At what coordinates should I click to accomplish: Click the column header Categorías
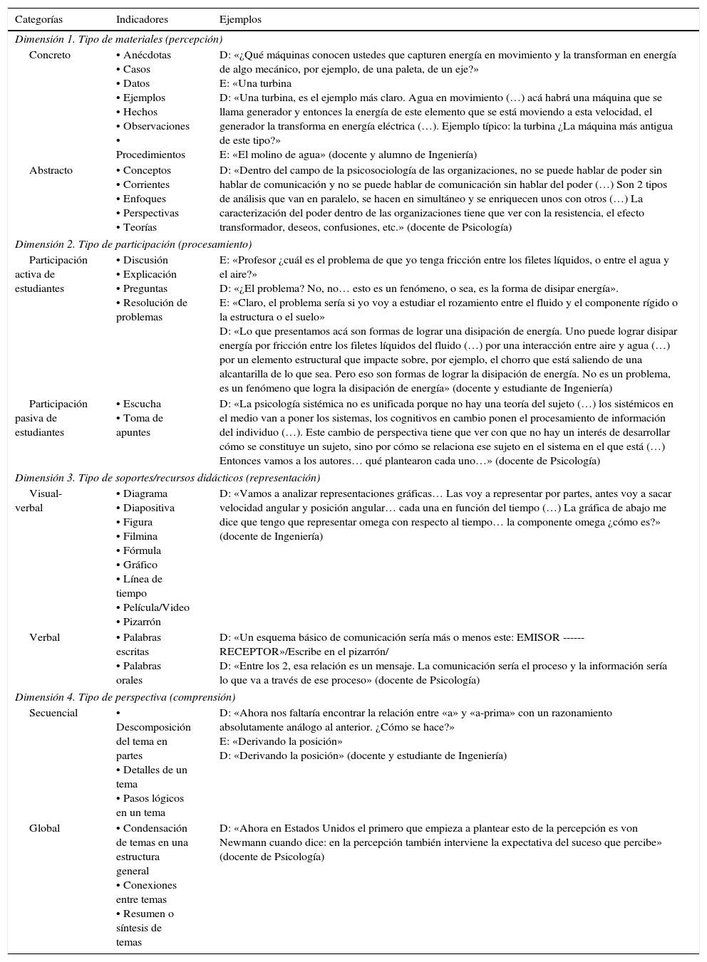coord(38,19)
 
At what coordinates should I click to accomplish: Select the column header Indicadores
coord(142,19)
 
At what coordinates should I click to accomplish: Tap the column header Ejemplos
coord(240,19)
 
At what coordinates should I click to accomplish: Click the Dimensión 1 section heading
coord(118,39)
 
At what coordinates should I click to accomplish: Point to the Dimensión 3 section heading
coord(167,478)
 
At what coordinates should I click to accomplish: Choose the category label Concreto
coord(50,55)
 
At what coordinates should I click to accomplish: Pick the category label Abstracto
coord(51,170)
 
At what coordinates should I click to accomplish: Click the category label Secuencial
coord(53,713)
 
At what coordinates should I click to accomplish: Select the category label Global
coord(44,828)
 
